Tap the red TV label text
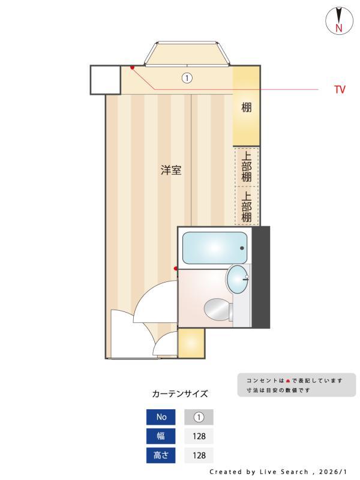point(340,90)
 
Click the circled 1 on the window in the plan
point(187,78)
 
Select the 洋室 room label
point(171,170)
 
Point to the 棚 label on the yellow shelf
point(247,108)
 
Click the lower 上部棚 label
point(247,206)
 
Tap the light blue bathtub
point(215,248)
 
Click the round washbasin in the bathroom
point(238,279)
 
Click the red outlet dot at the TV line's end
point(132,67)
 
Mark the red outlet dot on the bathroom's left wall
point(176,269)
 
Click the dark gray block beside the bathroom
point(261,277)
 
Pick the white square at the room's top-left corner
point(106,80)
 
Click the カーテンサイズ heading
point(180,394)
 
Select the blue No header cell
point(161,417)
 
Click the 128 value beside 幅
point(199,436)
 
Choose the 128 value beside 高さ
point(199,455)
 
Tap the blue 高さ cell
point(161,455)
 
